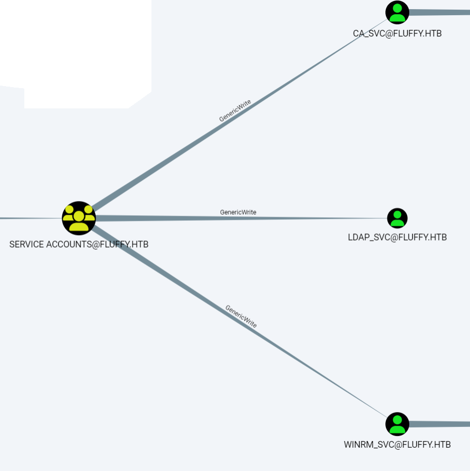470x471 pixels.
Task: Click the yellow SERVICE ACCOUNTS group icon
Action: pos(79,218)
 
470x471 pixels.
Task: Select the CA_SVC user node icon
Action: pos(397,12)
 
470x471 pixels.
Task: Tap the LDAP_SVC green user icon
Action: pos(398,218)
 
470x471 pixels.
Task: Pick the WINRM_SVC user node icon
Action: pos(397,424)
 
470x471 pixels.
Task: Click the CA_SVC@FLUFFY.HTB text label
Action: pos(397,34)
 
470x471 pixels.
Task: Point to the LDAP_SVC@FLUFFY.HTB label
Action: pos(397,237)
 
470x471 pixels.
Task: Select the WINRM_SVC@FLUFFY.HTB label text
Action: pos(397,445)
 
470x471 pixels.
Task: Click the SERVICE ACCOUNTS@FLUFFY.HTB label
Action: pos(79,244)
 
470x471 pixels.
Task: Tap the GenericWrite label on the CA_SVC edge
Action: pos(235,111)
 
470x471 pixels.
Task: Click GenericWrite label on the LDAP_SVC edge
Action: pos(238,212)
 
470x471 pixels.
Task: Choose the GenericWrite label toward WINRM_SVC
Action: pos(241,317)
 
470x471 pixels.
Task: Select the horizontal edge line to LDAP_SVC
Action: pos(304,218)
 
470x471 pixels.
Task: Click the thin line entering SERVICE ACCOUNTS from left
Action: pos(30,218)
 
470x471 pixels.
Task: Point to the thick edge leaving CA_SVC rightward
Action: pos(441,12)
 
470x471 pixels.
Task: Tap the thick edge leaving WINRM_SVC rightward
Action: pos(441,424)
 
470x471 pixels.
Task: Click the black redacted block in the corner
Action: pos(76,46)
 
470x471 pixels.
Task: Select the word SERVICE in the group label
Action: pos(26,244)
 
